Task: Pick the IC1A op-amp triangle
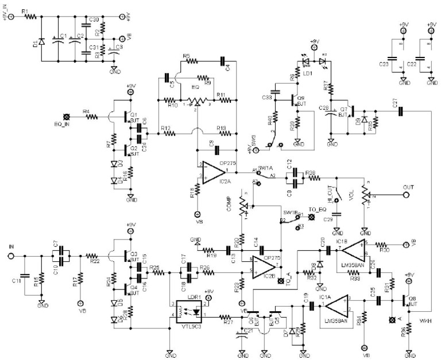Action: (336, 304)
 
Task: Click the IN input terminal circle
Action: (10, 256)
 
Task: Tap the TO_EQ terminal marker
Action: (312, 218)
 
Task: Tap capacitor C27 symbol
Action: (401, 111)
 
